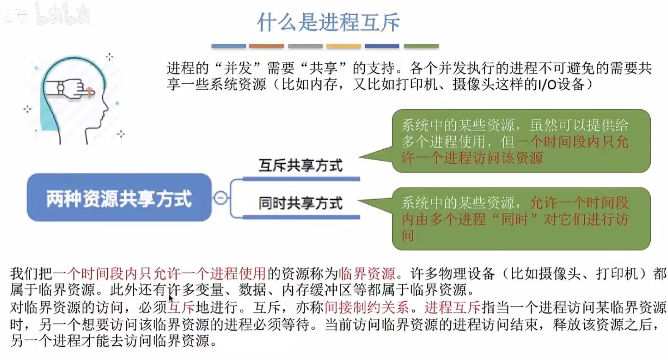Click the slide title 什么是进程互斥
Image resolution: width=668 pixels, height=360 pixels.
[x=328, y=22]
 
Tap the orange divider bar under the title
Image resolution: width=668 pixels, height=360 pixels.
[x=266, y=46]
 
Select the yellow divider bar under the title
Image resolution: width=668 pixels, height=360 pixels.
[x=343, y=46]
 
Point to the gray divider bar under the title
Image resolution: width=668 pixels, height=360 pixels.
[x=305, y=46]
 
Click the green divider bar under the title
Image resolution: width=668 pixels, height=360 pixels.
[x=421, y=46]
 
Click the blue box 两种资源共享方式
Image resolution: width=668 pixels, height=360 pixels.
[x=119, y=198]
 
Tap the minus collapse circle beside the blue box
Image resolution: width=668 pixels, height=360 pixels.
[x=221, y=197]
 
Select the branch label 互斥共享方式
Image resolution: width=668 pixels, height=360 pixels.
[x=301, y=166]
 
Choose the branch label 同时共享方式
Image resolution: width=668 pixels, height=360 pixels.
[x=301, y=203]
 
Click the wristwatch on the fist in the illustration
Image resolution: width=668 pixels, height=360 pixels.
[x=61, y=88]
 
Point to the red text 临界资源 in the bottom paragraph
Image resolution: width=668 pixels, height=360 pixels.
[x=367, y=273]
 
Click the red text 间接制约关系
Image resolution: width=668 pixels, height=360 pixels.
[x=367, y=307]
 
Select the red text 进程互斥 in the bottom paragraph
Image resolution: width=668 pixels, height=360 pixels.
[x=452, y=307]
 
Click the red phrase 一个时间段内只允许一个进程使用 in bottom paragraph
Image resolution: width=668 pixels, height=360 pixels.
[x=159, y=273]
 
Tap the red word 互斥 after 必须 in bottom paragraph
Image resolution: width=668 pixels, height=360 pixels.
[x=182, y=307]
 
